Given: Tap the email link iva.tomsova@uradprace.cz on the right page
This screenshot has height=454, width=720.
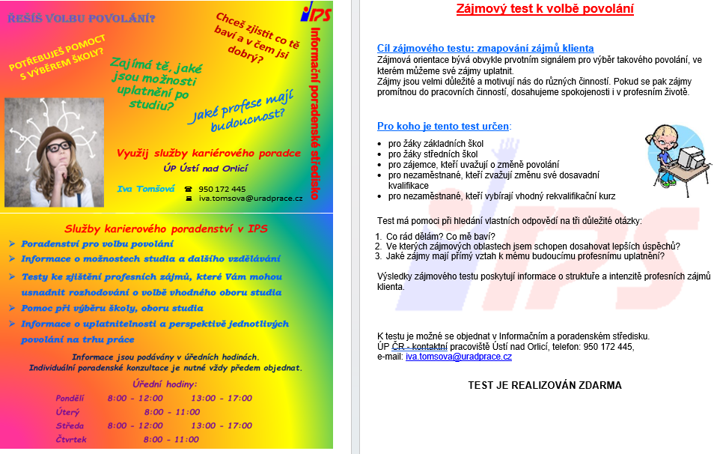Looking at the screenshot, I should click(x=458, y=357).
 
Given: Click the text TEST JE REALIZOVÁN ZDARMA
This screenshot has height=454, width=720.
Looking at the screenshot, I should click(x=545, y=386).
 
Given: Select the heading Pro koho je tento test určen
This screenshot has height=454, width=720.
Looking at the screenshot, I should click(x=443, y=126).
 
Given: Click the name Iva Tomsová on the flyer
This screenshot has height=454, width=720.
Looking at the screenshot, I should click(x=146, y=188).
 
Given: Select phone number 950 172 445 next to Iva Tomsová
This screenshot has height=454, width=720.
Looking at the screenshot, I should click(x=222, y=189).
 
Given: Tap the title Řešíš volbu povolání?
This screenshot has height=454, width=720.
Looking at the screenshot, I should click(x=82, y=17).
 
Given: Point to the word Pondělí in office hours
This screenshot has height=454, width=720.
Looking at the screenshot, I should click(x=70, y=398).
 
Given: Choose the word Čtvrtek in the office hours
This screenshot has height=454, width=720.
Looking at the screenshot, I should click(x=71, y=440).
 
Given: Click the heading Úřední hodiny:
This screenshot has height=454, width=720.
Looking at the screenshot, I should click(x=165, y=384).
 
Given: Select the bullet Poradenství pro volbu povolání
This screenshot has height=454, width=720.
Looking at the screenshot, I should click(x=97, y=244).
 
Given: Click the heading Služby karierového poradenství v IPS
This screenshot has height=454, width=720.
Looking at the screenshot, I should click(x=165, y=228).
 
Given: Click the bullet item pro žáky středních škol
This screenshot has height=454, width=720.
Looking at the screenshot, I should click(x=433, y=154).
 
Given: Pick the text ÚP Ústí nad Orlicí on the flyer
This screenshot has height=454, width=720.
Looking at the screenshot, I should click(x=207, y=169).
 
